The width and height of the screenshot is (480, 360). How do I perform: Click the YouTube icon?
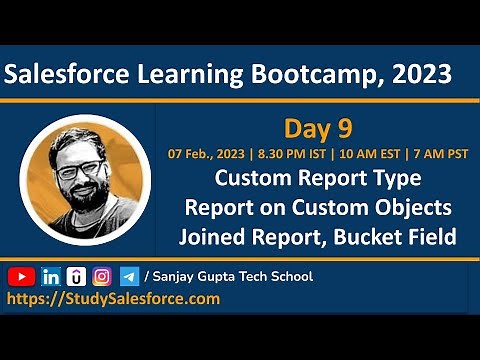coord(21,276)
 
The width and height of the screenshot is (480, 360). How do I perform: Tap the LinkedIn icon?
coord(49,276)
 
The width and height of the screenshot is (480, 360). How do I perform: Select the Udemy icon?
coord(75,276)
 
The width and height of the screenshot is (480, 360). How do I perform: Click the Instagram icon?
coord(102,276)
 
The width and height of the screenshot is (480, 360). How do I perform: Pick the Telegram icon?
coord(129,276)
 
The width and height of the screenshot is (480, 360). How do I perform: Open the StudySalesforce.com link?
coord(113,298)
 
